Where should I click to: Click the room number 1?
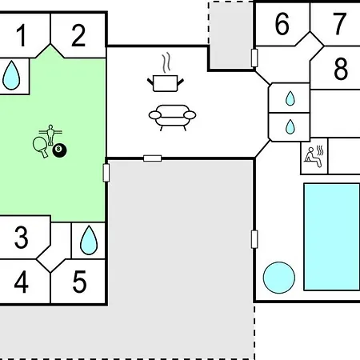[x=22, y=35]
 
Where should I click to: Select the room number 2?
[x=78, y=35]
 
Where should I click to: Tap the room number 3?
[x=22, y=237]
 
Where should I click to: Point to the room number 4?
[x=22, y=282]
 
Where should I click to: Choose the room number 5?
[x=79, y=282]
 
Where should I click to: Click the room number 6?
[x=282, y=24]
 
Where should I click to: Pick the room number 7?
[x=340, y=24]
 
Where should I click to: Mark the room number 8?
[x=341, y=69]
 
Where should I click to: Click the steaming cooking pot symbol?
[x=166, y=73]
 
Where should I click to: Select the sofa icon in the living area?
[x=172, y=118]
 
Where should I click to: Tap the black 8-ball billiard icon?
[x=59, y=150]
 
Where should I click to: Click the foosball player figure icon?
[x=50, y=134]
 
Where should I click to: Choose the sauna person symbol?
[x=314, y=157]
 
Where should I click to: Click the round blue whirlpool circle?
[x=279, y=278]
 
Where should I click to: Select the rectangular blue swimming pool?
[x=332, y=237]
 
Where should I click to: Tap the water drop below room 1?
[x=11, y=75]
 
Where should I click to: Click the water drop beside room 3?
[x=89, y=240]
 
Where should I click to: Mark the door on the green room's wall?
[x=106, y=173]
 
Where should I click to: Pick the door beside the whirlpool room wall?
[x=254, y=239]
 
